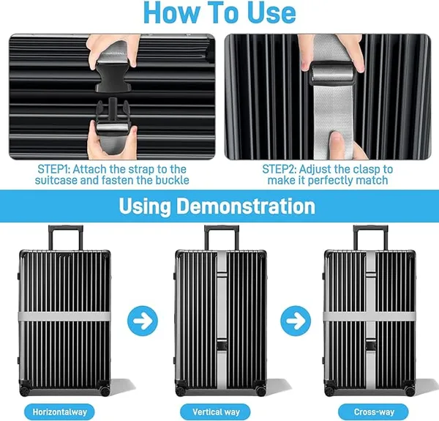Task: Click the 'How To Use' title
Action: (219, 13)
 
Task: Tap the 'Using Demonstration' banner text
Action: (217, 206)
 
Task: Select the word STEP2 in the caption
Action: (279, 169)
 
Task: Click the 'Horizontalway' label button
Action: (60, 411)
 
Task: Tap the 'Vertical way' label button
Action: (216, 411)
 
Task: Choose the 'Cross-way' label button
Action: (374, 411)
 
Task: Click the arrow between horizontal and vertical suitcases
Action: (143, 321)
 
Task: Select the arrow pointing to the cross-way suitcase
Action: (296, 321)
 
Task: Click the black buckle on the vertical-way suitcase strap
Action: (222, 345)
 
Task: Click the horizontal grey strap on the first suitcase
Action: (64, 316)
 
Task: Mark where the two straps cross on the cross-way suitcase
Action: (370, 316)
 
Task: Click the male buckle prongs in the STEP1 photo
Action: (113, 111)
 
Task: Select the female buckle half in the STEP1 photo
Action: (113, 75)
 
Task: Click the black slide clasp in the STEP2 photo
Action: (331, 74)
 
